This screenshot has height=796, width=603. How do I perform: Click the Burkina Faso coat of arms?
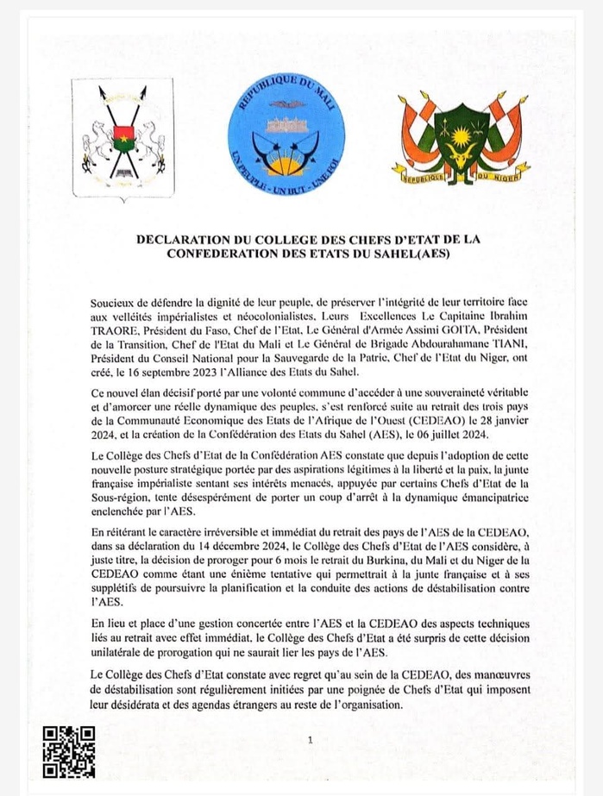123,140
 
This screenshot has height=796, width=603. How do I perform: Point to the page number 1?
309,740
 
